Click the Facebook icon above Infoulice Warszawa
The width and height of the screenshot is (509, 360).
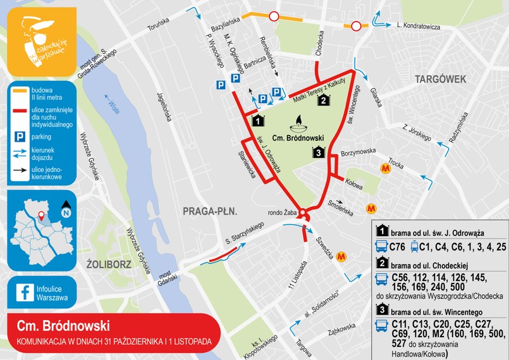(x=25, y=292)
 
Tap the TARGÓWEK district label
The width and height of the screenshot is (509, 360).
(x=440, y=79)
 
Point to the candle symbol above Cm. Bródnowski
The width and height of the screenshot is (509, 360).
(x=297, y=121)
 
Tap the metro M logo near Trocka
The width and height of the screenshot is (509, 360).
(x=385, y=168)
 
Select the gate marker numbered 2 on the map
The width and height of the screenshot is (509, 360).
(x=323, y=99)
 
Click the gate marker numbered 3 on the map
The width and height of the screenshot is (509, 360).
(x=318, y=152)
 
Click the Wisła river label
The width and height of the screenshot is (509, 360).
(x=114, y=104)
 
